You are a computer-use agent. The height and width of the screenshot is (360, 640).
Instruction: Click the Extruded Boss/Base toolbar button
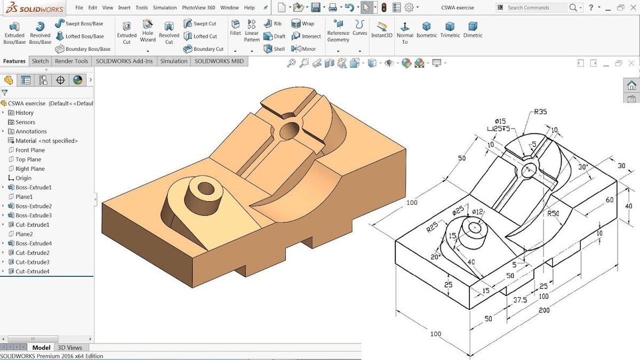tap(14, 33)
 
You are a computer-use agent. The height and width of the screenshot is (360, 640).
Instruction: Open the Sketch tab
tap(40, 61)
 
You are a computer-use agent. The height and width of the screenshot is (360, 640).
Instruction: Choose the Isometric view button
tap(426, 30)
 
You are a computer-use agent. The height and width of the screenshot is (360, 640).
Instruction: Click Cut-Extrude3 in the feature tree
tap(32, 262)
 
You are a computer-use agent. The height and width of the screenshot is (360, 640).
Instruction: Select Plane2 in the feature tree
tap(24, 234)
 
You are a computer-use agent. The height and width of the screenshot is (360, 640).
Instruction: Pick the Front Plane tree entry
tap(30, 150)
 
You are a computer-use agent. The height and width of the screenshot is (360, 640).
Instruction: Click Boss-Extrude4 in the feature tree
tap(33, 243)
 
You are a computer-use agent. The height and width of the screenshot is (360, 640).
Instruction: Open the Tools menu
tap(141, 7)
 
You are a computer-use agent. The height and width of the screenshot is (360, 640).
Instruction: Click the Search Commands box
tap(536, 7)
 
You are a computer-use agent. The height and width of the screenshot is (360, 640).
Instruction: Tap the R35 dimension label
tap(540, 112)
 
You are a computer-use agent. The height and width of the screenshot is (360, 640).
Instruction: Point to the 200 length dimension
tap(544, 310)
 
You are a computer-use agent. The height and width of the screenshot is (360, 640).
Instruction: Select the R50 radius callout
tap(554, 213)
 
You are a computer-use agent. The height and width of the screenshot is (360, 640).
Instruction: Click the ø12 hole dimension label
tap(477, 212)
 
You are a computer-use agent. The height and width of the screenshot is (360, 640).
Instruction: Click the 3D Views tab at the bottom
tap(70, 347)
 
